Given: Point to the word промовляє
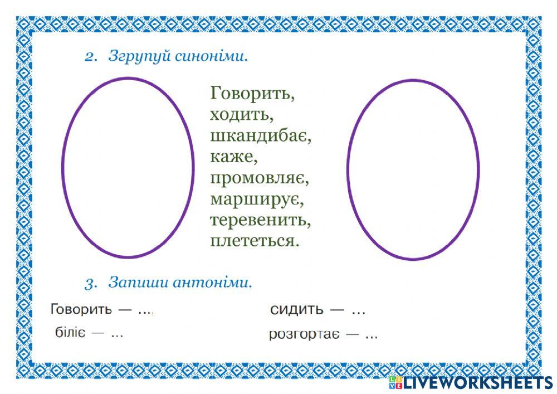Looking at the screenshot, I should click(260, 179).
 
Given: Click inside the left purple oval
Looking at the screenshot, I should click(128, 167).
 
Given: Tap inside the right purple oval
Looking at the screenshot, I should click(413, 169).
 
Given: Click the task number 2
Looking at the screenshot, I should click(91, 57).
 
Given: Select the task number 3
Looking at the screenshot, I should click(91, 284).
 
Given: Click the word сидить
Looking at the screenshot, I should click(296, 310).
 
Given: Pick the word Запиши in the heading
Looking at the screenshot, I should click(134, 283).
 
